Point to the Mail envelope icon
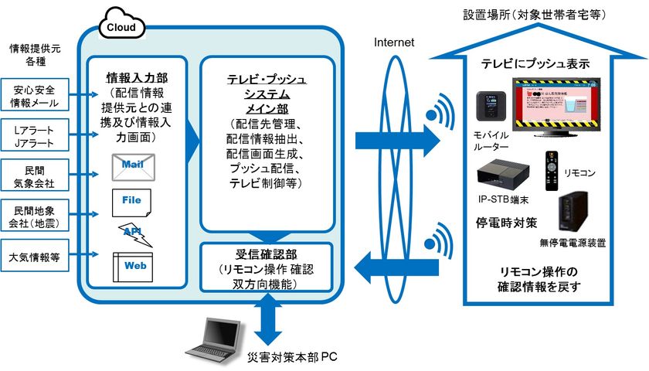(x=134, y=165)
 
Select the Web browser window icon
(x=134, y=266)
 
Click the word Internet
(x=394, y=42)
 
